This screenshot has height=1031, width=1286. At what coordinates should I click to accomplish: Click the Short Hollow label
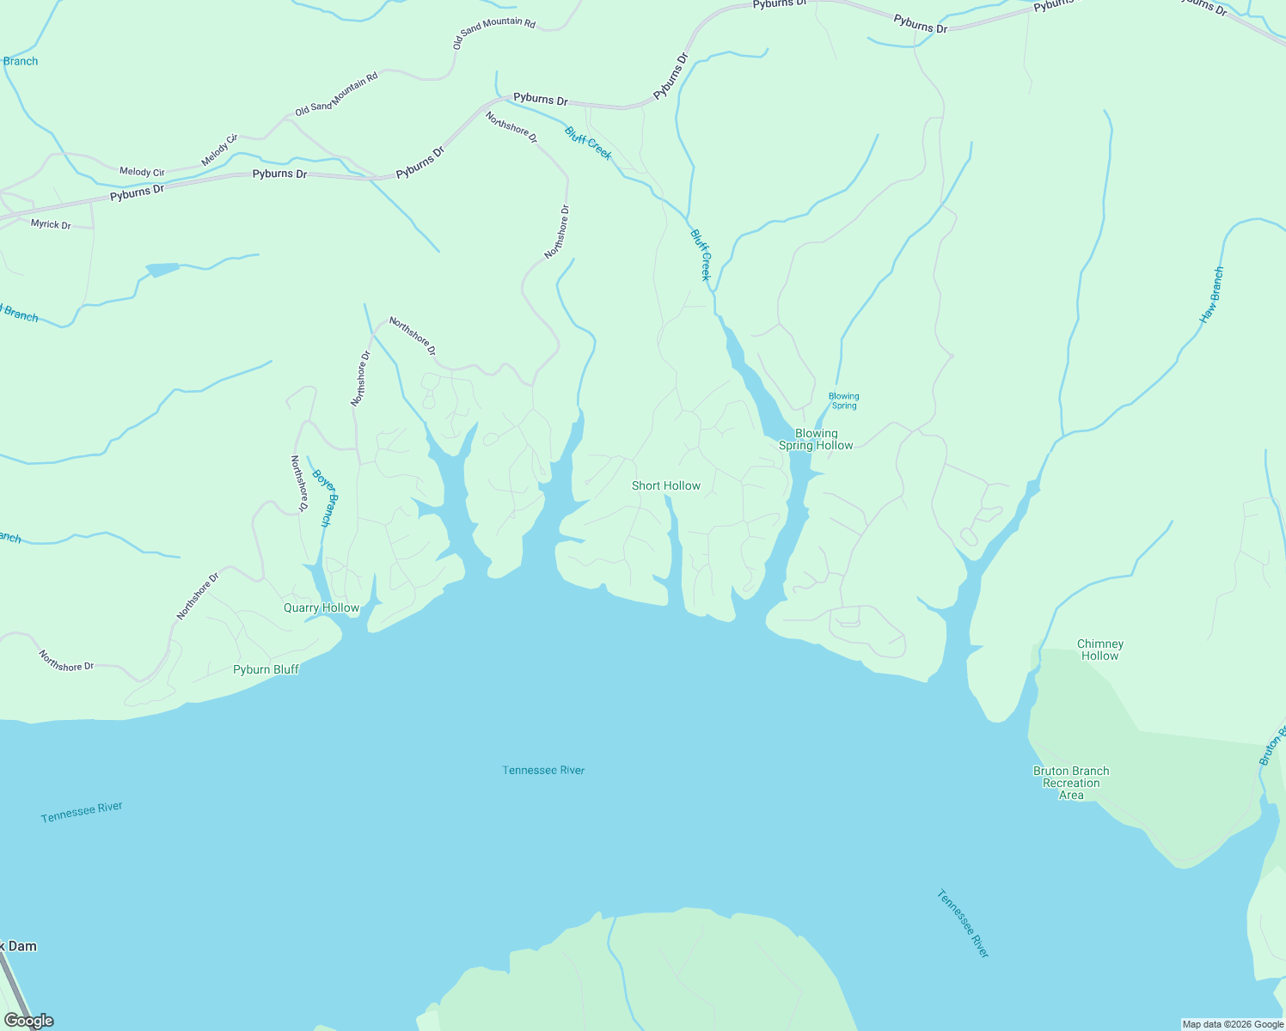tap(666, 486)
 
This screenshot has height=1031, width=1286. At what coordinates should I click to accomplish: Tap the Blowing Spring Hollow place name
tap(816, 440)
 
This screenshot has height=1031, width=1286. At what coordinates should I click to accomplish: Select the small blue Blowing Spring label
tap(843, 401)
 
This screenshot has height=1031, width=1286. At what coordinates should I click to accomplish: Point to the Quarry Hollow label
tap(321, 608)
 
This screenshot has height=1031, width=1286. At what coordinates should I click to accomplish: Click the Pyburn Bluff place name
tap(266, 670)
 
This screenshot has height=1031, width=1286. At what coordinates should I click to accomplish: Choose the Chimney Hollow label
tap(1100, 650)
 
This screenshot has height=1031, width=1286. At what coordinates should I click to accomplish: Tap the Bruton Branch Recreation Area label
tap(1071, 783)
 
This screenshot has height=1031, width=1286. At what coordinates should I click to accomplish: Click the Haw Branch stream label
tap(1212, 296)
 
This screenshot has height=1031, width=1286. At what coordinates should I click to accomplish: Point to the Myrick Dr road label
tap(51, 225)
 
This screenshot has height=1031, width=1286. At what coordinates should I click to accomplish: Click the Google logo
tap(28, 1021)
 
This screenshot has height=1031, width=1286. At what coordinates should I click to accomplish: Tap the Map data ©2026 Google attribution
tap(1233, 1024)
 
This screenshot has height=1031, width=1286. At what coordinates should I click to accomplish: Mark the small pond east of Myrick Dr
tap(162, 270)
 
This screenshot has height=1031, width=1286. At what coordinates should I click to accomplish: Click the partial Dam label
tap(19, 946)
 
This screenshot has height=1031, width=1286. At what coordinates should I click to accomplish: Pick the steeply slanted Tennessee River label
tap(963, 924)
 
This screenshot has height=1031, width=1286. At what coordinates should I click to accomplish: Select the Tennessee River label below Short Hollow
tap(543, 771)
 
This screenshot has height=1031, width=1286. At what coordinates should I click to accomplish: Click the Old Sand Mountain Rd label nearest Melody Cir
tap(336, 95)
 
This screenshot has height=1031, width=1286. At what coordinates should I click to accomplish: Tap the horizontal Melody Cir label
tap(142, 172)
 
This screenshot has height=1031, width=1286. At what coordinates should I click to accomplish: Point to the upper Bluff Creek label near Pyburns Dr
tap(588, 143)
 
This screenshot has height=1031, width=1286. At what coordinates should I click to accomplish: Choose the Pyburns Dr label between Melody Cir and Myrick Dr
tap(137, 192)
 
